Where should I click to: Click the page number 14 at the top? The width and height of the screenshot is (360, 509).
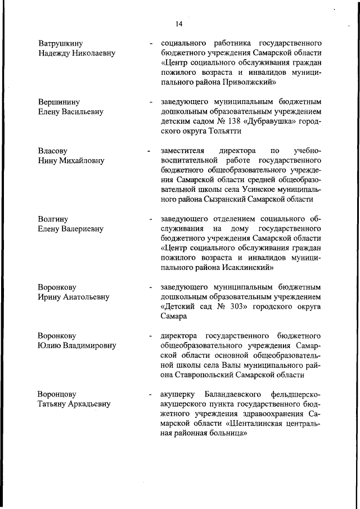point(179,23)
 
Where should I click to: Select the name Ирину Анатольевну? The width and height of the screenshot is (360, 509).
point(73,296)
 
